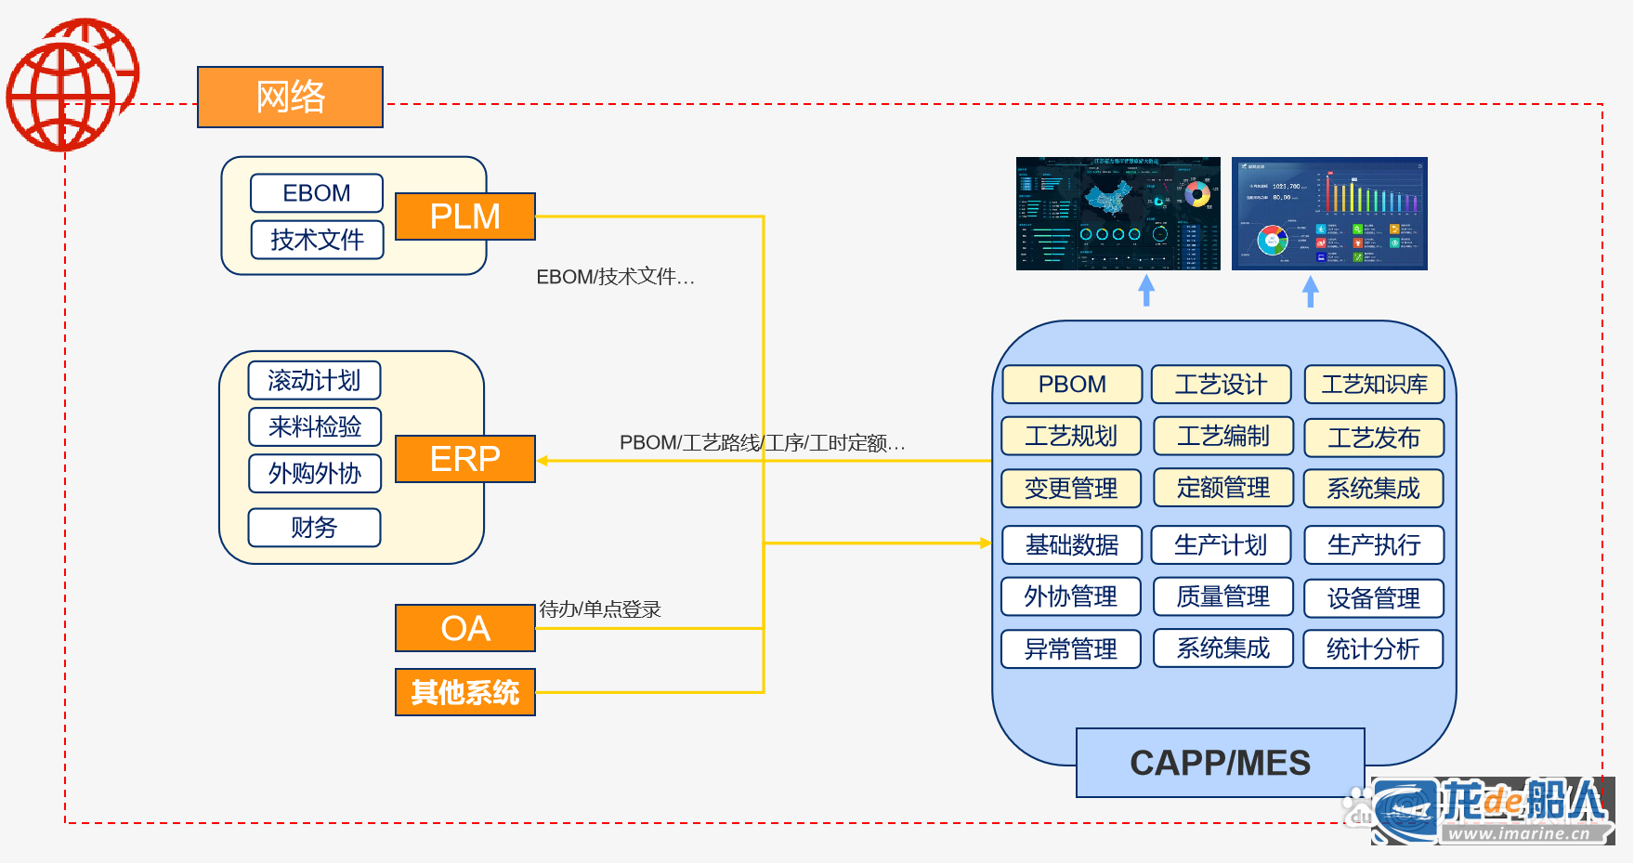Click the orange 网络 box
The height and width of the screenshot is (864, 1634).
pyautogui.click(x=290, y=97)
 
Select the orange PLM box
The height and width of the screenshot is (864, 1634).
pyautogui.click(x=464, y=216)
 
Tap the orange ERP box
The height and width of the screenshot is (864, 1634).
pyautogui.click(x=464, y=459)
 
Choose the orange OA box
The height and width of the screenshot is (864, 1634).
pyautogui.click(x=464, y=629)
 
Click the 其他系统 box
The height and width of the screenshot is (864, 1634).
pyautogui.click(x=464, y=692)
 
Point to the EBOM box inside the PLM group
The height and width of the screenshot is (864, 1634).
pyautogui.click(x=317, y=193)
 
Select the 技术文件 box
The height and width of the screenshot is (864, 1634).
pyautogui.click(x=317, y=240)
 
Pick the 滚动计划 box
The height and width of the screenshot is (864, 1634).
pyautogui.click(x=314, y=380)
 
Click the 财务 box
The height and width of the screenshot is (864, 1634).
pyautogui.click(x=314, y=528)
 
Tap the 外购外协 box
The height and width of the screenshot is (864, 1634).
pyautogui.click(x=314, y=474)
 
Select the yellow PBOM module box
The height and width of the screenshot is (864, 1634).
pyautogui.click(x=1072, y=385)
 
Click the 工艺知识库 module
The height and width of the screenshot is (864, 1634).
pyautogui.click(x=1374, y=385)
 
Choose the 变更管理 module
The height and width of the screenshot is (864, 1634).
pyautogui.click(x=1070, y=489)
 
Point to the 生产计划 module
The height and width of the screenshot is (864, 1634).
pyautogui.click(x=1221, y=545)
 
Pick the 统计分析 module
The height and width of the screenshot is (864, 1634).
pyautogui.click(x=1373, y=649)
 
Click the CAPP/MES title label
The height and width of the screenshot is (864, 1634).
pyautogui.click(x=1220, y=763)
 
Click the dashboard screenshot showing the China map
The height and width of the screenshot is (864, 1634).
pyautogui.click(x=1118, y=214)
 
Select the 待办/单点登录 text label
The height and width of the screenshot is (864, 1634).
pyautogui.click(x=600, y=609)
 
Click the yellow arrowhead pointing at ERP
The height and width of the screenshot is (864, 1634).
pyautogui.click(x=542, y=461)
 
